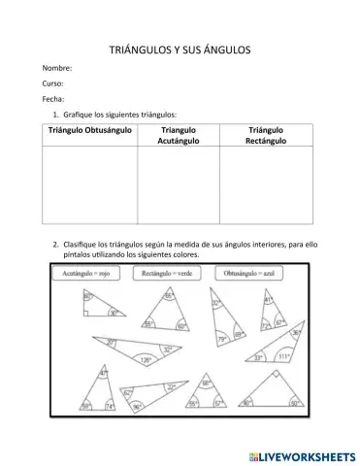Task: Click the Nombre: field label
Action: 56,69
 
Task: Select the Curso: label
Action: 53,84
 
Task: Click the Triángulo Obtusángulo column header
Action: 89,129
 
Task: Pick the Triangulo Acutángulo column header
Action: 178,135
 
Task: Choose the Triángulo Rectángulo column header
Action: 265,135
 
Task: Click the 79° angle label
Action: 222,339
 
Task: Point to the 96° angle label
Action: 137,406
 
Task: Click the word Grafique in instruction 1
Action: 78,115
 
